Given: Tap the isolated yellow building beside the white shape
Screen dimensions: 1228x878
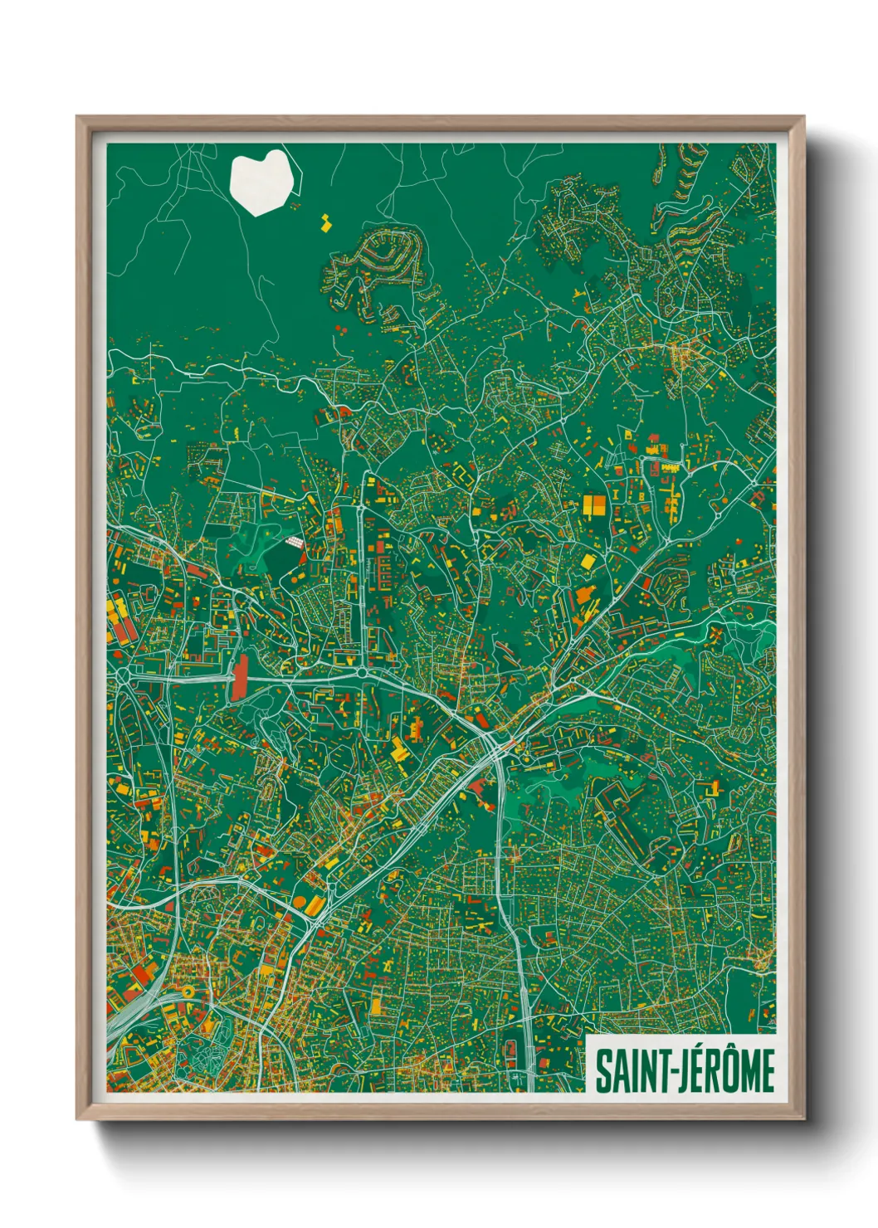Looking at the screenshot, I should click(325, 222).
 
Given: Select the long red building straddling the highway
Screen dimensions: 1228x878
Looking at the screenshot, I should click(241, 678).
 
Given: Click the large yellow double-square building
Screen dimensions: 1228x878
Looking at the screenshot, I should click(593, 505).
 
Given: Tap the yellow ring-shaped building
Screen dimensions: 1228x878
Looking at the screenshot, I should click(188, 992).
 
